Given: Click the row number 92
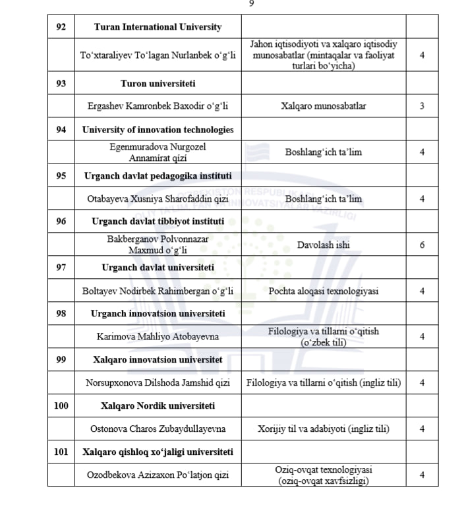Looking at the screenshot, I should (x=61, y=28).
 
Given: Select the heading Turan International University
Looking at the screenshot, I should (x=158, y=28).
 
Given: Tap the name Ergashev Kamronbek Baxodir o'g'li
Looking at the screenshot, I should (x=158, y=106).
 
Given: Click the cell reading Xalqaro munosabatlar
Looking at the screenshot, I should (x=323, y=106).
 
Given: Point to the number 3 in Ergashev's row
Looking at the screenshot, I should (x=422, y=106).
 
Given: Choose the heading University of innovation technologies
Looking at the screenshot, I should (x=158, y=129).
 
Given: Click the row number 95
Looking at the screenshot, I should (x=61, y=176).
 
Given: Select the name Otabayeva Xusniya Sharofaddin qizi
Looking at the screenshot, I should (x=158, y=198).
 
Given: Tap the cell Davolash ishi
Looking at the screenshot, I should (x=323, y=245).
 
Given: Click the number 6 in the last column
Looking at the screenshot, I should (x=422, y=245).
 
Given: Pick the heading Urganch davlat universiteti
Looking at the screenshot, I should (x=158, y=268).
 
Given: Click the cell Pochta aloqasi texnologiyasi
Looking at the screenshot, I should (x=323, y=291).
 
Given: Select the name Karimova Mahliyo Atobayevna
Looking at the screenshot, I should (x=158, y=337).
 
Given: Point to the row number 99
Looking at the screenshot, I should (x=61, y=360).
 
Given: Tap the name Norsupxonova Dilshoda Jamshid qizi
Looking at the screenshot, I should (x=158, y=383).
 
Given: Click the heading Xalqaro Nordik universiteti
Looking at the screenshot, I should (x=158, y=405).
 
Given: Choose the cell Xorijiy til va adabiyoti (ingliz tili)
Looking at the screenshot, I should (x=323, y=429).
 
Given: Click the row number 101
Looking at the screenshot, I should (x=61, y=452).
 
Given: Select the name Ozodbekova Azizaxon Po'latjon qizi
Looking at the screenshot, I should (x=158, y=475).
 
